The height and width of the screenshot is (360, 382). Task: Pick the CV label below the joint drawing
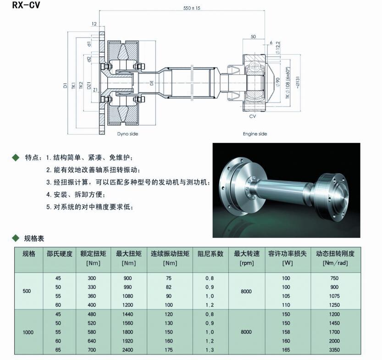point(252,116)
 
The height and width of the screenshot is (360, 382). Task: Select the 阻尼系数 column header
point(210,253)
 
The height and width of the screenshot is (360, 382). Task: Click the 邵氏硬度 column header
point(60,253)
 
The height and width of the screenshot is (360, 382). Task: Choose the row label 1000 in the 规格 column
point(29,332)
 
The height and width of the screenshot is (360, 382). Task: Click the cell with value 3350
point(335,349)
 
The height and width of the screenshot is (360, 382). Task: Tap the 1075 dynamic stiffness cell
point(335,296)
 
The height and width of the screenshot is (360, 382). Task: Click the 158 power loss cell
point(286,332)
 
